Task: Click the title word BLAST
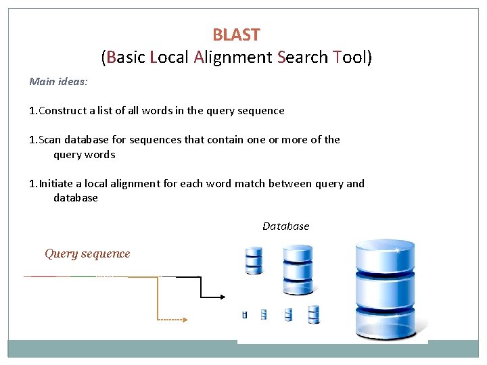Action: tap(236, 34)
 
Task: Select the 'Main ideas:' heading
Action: tap(59, 81)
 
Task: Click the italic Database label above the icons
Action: tap(285, 226)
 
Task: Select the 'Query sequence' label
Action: tap(87, 253)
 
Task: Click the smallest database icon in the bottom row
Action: tap(245, 314)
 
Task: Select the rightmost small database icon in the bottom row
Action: tap(313, 314)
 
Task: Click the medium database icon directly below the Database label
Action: tap(297, 269)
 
